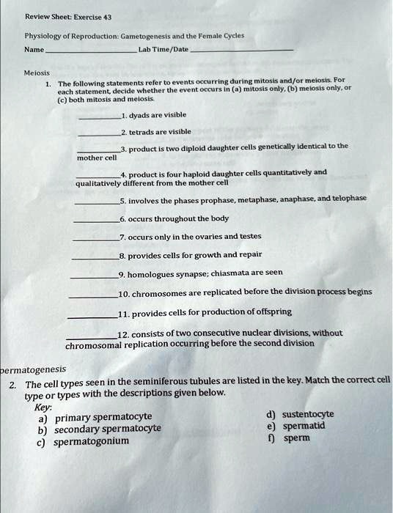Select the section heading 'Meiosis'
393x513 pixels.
(x=37, y=73)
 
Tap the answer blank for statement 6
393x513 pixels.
(x=95, y=221)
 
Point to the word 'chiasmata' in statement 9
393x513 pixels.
(x=229, y=273)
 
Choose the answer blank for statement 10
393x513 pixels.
(x=92, y=295)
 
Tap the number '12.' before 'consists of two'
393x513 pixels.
(x=125, y=333)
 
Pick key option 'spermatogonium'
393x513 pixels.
(x=92, y=441)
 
